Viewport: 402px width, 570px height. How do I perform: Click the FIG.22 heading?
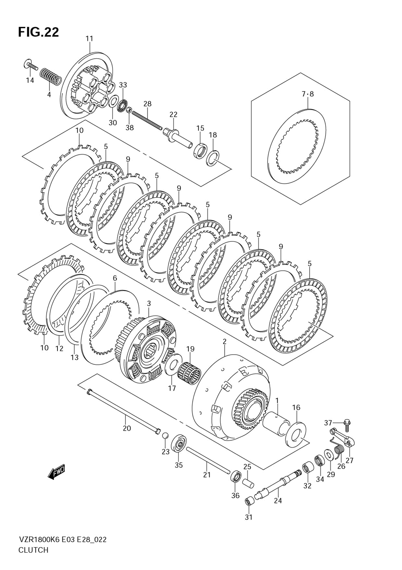click(x=38, y=32)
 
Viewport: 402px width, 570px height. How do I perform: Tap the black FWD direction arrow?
click(x=56, y=472)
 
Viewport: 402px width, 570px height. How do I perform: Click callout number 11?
click(x=89, y=39)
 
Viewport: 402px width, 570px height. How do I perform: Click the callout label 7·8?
click(x=308, y=94)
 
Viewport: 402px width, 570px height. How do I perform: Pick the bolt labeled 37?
click(x=347, y=423)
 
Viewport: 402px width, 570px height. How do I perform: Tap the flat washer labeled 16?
click(x=296, y=434)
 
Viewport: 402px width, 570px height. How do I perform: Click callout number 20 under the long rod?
click(x=127, y=428)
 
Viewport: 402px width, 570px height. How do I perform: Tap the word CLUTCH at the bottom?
click(x=33, y=550)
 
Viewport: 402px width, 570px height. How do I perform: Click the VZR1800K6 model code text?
click(x=39, y=540)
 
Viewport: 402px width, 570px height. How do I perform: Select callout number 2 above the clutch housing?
click(x=224, y=342)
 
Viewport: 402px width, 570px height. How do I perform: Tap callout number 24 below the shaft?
click(x=278, y=501)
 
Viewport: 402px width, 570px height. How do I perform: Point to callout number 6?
click(x=115, y=278)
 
